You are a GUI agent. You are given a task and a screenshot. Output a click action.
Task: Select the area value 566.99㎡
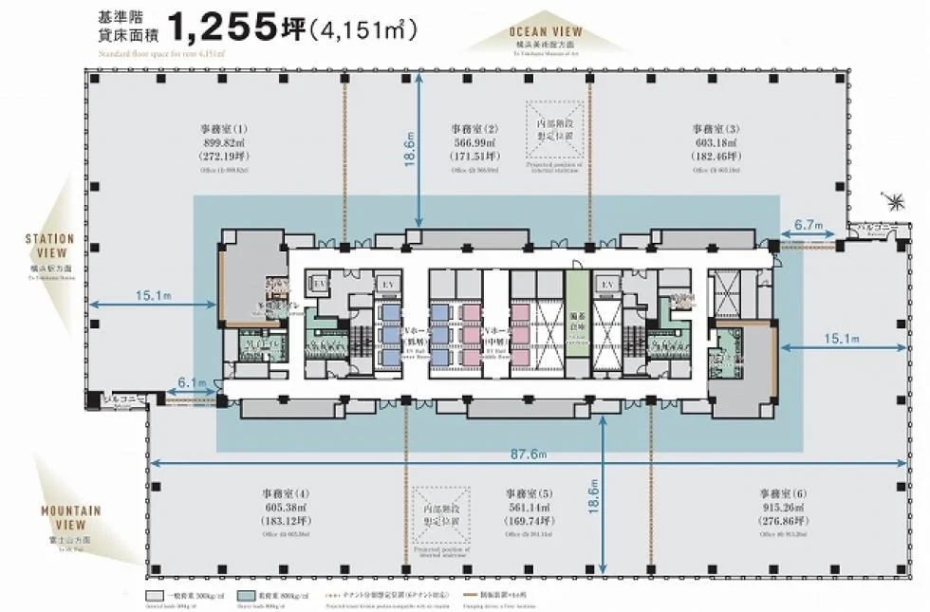click(474, 142)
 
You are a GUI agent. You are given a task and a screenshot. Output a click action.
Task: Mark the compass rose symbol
click(892, 200)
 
